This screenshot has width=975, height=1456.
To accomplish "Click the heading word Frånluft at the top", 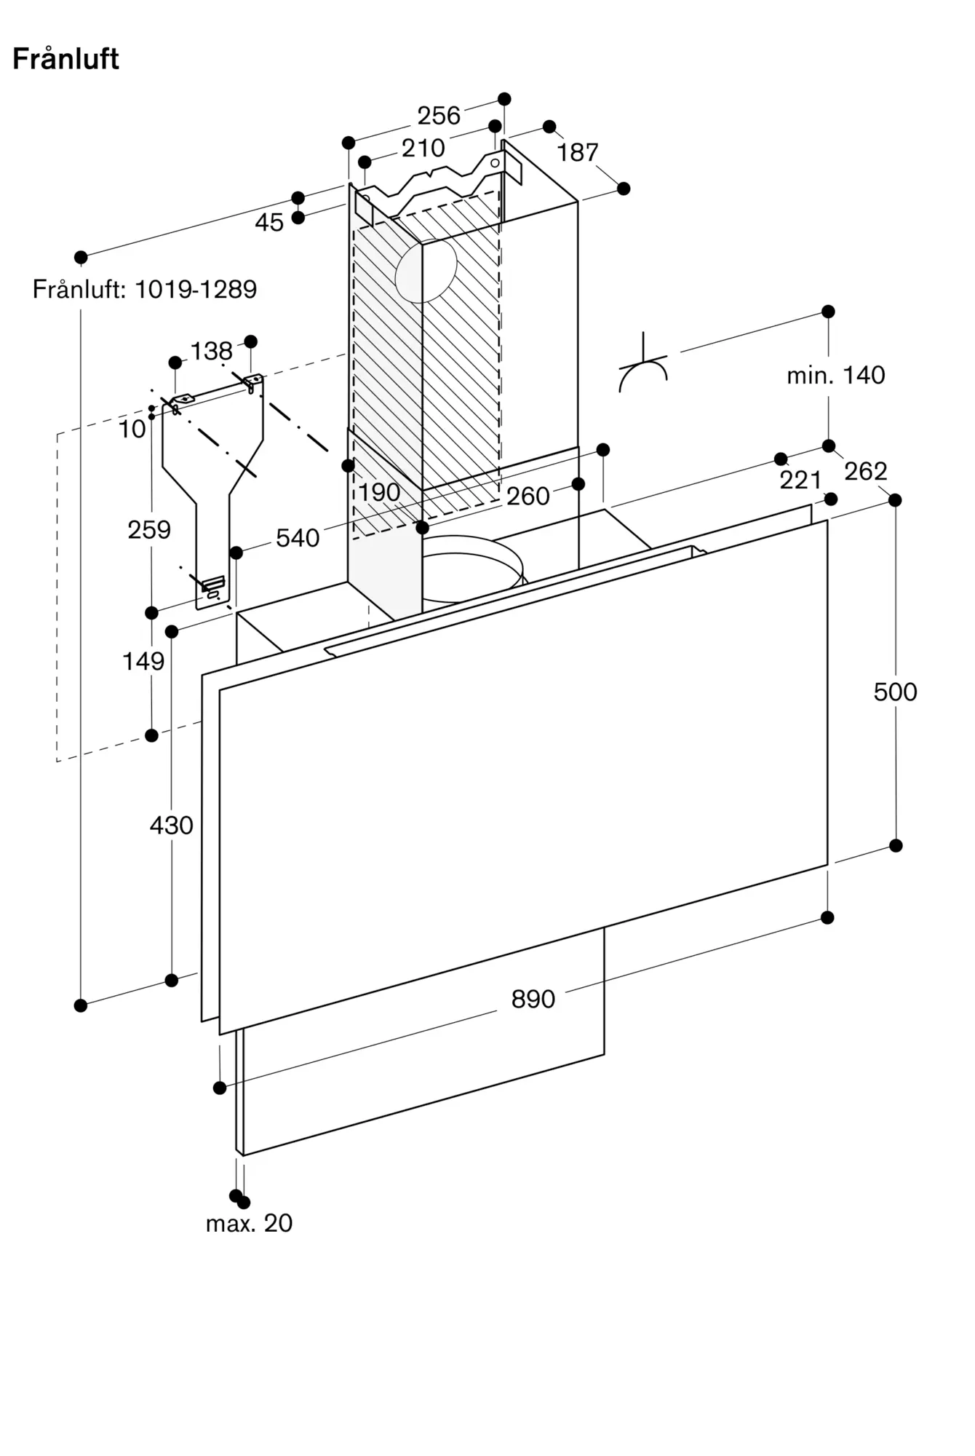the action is (x=65, y=59).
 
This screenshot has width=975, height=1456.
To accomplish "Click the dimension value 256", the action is (x=439, y=115).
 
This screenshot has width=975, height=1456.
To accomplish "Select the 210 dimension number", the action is (x=423, y=148).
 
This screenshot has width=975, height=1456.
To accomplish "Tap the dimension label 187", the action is (x=578, y=152).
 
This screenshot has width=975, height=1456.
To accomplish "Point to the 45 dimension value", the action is (x=269, y=222).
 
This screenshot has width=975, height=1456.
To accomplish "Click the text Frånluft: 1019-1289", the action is (x=145, y=289).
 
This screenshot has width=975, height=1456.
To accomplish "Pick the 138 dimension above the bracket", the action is (x=211, y=351).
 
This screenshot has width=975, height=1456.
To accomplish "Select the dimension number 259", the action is (x=149, y=529).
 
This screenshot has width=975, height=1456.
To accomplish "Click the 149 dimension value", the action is (x=143, y=661).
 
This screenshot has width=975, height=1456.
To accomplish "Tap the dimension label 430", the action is (x=172, y=825).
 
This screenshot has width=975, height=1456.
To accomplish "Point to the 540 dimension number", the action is (x=298, y=538).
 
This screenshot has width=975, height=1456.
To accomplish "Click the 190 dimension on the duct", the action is (x=379, y=492).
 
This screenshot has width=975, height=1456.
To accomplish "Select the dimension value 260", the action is (x=528, y=496).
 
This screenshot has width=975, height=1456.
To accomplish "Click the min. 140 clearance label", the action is (x=836, y=375).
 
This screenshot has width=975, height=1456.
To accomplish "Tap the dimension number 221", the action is (x=800, y=480).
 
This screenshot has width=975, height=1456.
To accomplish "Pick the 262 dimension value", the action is (x=866, y=471).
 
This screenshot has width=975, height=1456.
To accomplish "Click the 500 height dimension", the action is (x=896, y=692).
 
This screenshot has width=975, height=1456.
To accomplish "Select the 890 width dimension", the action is (x=533, y=999).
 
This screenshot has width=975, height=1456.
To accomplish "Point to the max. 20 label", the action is (x=249, y=1223).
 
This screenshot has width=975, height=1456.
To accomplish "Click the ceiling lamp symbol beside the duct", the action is (x=643, y=364).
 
